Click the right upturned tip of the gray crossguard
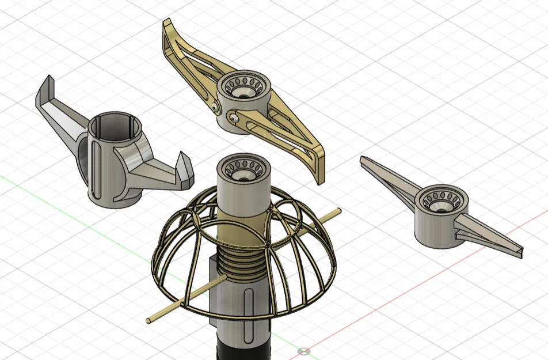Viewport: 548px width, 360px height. tap(186, 165)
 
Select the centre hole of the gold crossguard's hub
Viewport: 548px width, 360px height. tap(243, 90)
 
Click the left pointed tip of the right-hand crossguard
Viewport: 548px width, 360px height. tap(364, 160)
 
